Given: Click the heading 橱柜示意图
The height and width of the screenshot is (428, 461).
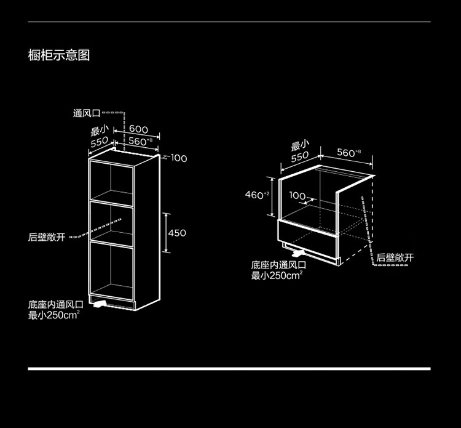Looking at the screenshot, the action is tap(59, 55).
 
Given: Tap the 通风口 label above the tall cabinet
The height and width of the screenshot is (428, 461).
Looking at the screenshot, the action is tap(87, 113).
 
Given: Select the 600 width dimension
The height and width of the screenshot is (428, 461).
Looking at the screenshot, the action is tap(138, 129).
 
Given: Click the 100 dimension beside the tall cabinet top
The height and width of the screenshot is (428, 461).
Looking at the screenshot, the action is tap(179, 158).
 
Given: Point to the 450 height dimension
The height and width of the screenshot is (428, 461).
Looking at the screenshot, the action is tap(177, 233).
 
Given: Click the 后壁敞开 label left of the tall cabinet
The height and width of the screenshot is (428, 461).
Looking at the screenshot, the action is tap(47, 237).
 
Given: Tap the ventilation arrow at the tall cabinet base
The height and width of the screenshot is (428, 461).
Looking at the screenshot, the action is tap(100, 304).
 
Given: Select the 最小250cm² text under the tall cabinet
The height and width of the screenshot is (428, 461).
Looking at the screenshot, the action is tap(54, 315).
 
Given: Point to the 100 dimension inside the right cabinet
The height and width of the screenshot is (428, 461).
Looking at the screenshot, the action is tap(297, 195).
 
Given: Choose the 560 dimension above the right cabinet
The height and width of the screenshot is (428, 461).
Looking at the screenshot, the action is tap(349, 153).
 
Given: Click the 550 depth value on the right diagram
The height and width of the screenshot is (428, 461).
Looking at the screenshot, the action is tap(300, 156).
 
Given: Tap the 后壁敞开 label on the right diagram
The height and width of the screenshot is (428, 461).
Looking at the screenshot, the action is tap(395, 258).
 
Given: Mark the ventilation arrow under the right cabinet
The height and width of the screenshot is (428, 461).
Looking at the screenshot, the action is tap(298, 252).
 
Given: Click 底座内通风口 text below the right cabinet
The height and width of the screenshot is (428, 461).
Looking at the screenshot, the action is tap(278, 265).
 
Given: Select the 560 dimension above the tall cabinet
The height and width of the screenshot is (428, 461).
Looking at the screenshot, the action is tap(140, 141).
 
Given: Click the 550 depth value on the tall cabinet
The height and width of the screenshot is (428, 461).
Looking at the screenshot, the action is tap(100, 142).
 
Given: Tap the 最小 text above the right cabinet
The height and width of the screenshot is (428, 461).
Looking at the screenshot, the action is tap(300, 145).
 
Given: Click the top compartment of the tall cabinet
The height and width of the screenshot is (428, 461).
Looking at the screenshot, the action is tap(112, 183).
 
